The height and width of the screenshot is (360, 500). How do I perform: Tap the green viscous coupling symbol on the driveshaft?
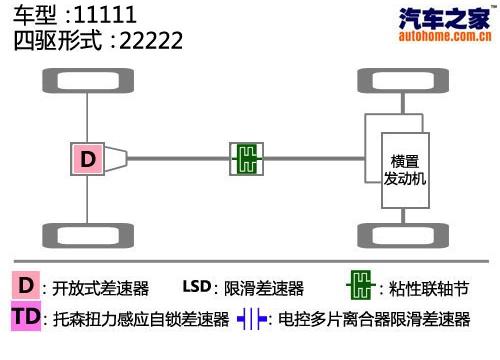click(246, 157)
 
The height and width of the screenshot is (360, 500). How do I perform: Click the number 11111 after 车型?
click(109, 17)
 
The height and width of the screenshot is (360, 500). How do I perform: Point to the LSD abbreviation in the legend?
click(197, 287)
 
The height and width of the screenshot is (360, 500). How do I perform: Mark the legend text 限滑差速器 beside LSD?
click(265, 288)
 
